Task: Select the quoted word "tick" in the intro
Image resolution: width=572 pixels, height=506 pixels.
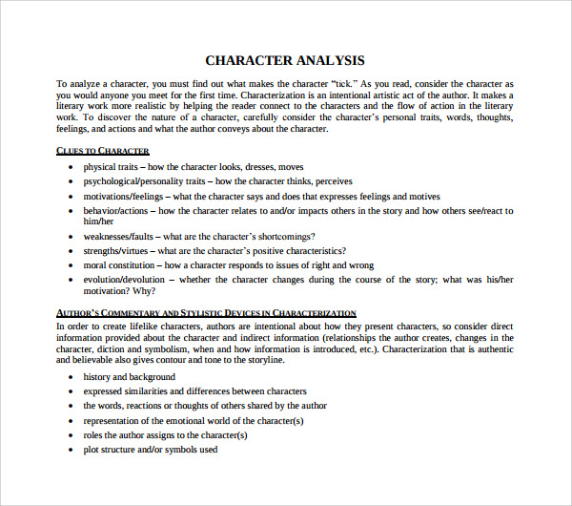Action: tap(347, 84)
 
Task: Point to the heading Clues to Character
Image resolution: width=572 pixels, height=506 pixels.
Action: tap(103, 151)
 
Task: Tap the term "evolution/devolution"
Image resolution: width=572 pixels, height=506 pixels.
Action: tap(124, 280)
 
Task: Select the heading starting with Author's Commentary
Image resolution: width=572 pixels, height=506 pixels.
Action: tap(206, 313)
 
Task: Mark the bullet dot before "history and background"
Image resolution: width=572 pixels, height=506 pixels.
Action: tap(71, 378)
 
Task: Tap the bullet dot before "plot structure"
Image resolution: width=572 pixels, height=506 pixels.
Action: tap(71, 450)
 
